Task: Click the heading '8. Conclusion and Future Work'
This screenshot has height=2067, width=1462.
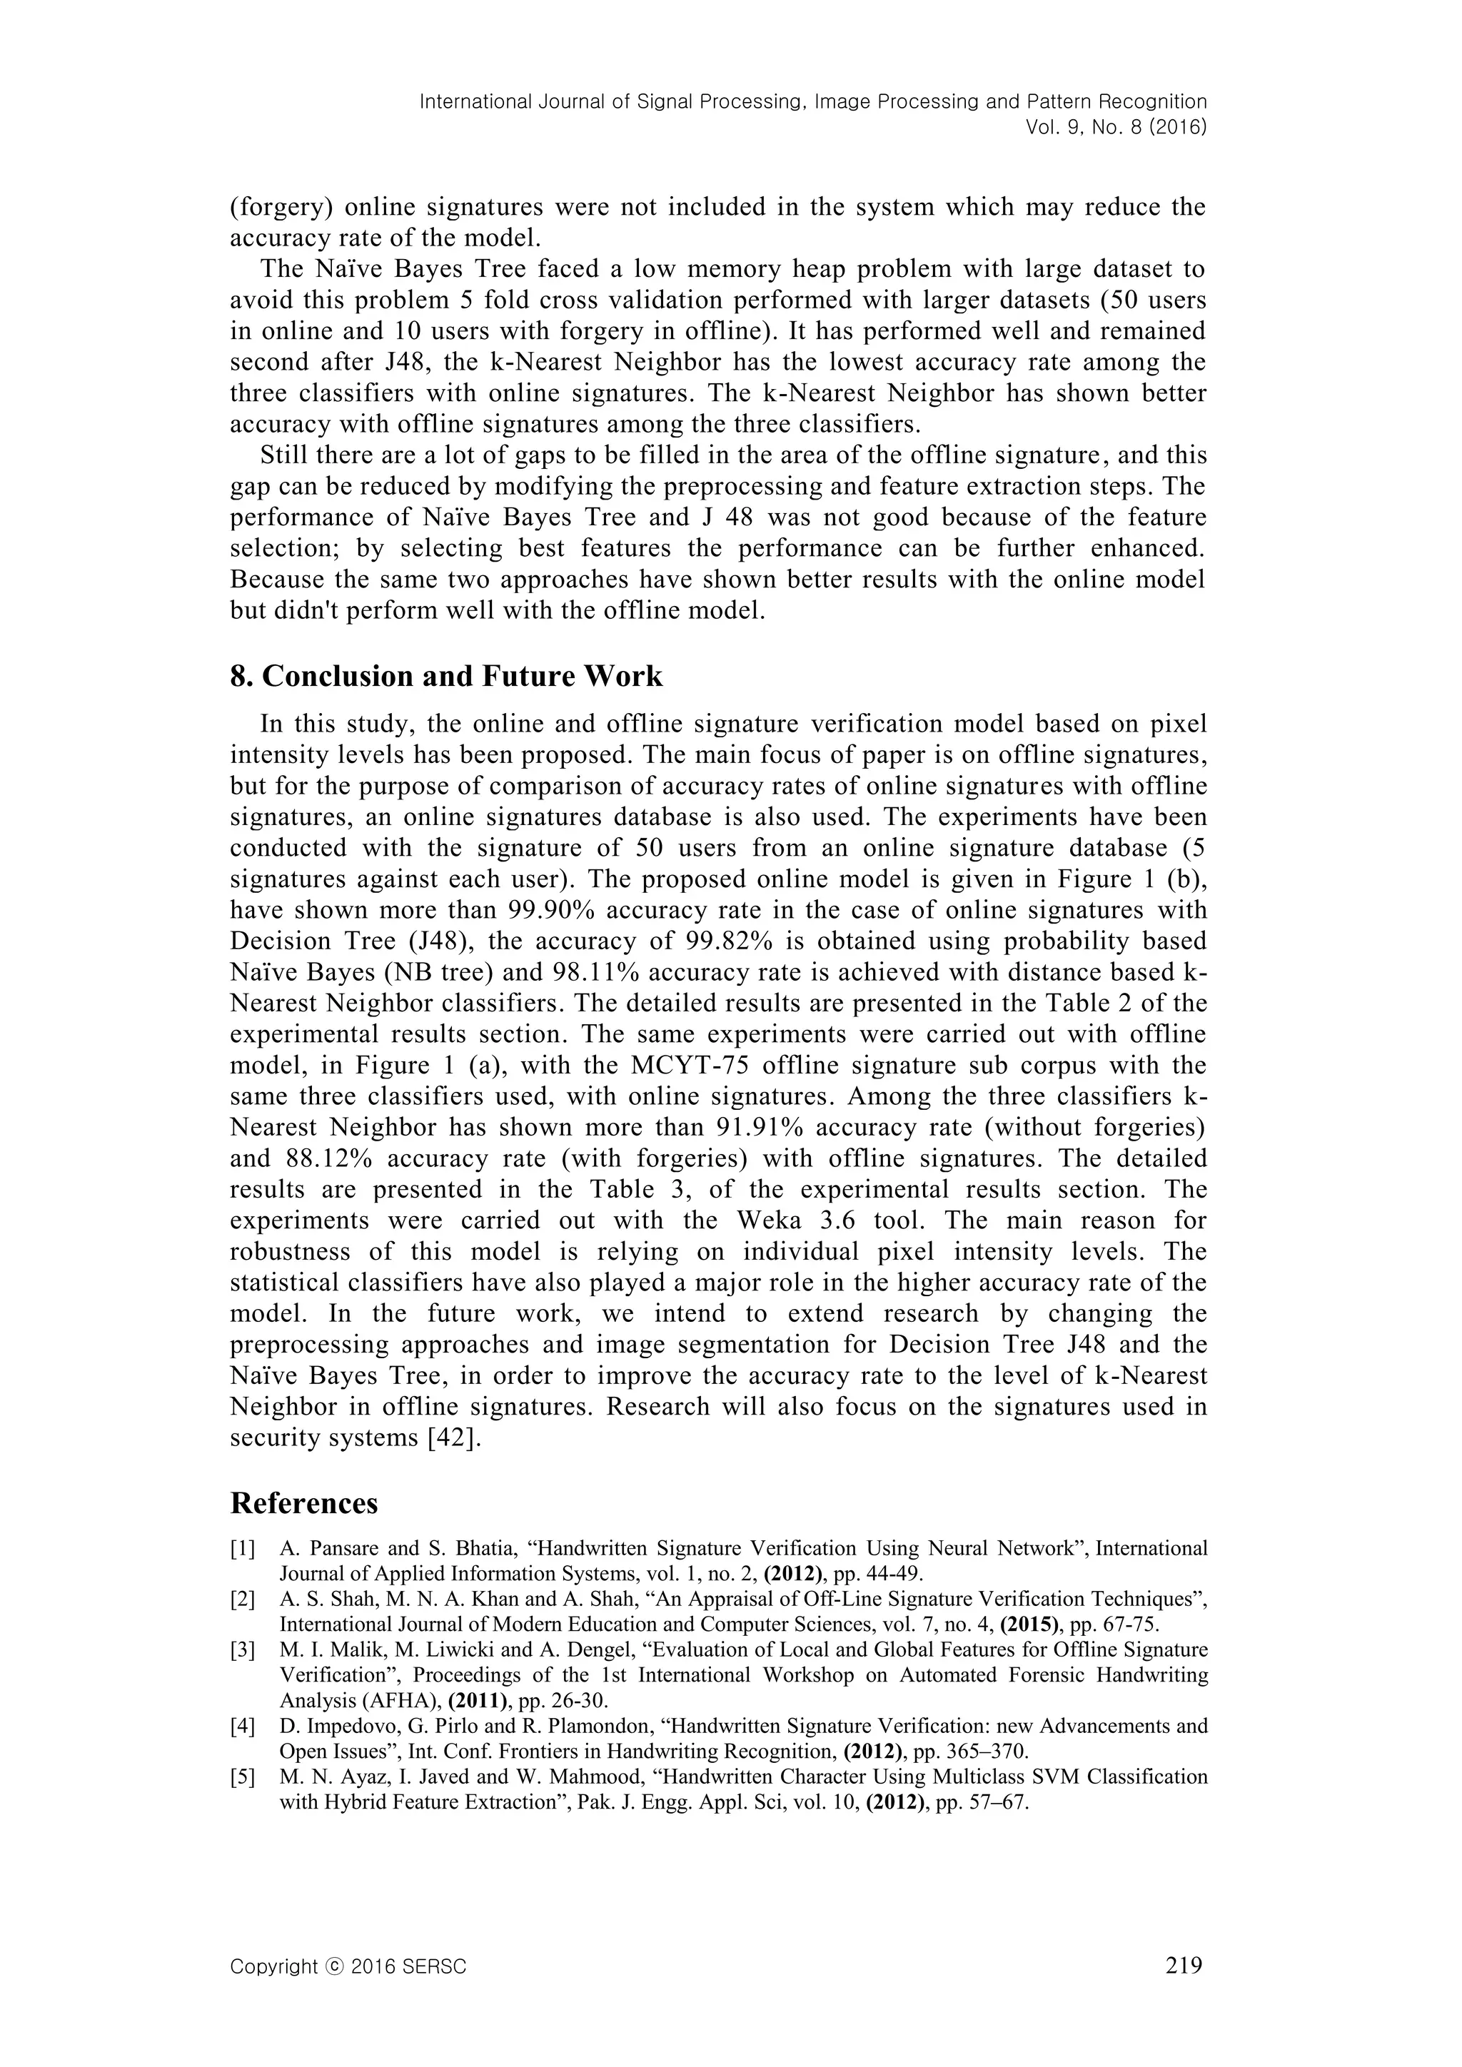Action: (x=445, y=676)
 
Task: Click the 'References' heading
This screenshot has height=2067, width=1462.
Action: (x=303, y=1503)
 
